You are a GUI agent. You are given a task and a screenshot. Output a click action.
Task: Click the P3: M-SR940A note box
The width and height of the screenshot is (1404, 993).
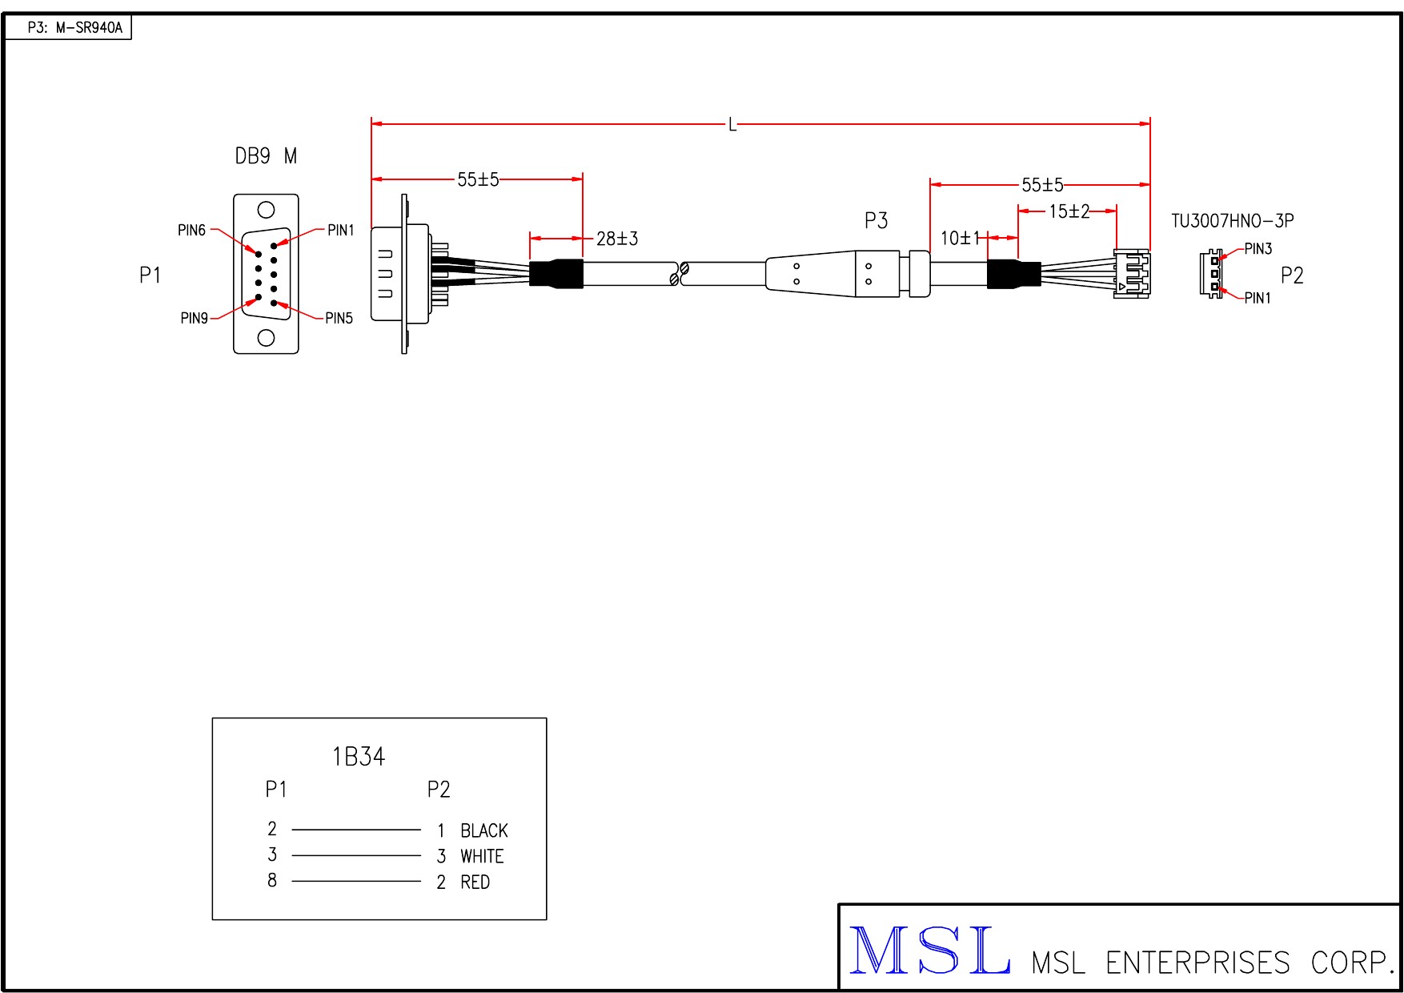(x=68, y=28)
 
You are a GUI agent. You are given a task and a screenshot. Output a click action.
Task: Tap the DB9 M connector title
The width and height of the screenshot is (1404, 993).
(x=266, y=156)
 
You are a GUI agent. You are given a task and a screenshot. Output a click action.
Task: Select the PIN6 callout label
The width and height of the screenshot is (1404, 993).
(x=192, y=231)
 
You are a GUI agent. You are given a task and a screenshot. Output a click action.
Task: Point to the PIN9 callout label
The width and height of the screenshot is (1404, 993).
(x=195, y=318)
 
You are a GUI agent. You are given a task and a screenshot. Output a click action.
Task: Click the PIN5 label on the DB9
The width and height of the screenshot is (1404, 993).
(x=339, y=318)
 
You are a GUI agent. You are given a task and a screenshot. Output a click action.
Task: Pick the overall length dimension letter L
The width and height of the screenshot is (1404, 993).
(x=732, y=125)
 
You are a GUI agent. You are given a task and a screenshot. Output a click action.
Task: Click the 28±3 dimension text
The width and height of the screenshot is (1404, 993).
(x=617, y=239)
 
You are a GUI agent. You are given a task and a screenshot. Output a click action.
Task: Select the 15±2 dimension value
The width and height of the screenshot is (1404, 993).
(x=1069, y=211)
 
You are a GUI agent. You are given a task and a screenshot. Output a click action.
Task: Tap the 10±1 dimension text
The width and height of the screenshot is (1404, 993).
(x=961, y=238)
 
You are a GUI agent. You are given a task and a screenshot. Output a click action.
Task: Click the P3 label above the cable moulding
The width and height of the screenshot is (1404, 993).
(x=876, y=220)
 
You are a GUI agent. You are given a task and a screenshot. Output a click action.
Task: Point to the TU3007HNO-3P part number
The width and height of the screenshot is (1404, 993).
(x=1233, y=221)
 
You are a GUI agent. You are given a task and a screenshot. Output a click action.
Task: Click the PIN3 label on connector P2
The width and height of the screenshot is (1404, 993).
(x=1258, y=249)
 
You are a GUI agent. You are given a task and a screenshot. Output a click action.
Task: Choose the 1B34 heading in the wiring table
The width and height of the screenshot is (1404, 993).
(x=359, y=757)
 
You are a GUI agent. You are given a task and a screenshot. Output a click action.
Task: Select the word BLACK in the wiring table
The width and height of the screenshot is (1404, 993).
(x=484, y=830)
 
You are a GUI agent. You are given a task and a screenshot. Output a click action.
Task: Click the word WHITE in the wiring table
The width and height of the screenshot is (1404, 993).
(x=482, y=856)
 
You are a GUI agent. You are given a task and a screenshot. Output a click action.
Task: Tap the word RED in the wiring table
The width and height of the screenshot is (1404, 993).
(x=475, y=882)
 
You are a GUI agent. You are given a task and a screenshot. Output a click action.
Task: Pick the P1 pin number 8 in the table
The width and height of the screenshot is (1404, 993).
(x=272, y=880)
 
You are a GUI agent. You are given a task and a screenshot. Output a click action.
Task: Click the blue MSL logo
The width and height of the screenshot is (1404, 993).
(x=929, y=951)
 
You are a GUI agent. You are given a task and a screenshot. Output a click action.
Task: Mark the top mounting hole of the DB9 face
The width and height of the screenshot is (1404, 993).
(x=266, y=211)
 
